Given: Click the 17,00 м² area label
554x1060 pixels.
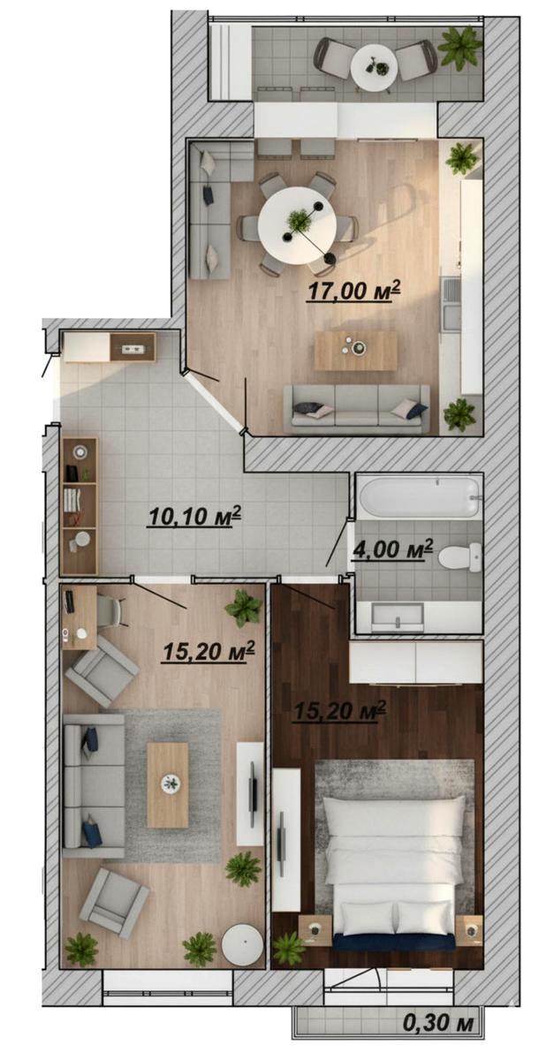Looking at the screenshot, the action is click(x=353, y=290).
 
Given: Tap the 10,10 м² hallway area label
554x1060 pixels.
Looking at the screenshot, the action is click(x=194, y=516).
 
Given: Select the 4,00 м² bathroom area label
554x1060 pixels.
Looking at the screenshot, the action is click(x=392, y=550).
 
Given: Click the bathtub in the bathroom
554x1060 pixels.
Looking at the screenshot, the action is click(x=419, y=497).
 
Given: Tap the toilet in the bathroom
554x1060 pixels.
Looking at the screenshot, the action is click(x=459, y=556).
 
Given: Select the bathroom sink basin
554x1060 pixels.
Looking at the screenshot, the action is click(x=397, y=617).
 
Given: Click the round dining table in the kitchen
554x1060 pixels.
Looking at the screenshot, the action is click(x=297, y=224).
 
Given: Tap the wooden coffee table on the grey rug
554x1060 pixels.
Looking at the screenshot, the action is click(x=167, y=785).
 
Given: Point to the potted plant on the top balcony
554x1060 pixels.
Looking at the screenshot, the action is click(x=459, y=45).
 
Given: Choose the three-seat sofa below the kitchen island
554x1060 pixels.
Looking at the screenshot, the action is click(x=358, y=408).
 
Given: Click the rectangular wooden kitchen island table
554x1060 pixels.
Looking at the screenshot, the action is click(x=355, y=350).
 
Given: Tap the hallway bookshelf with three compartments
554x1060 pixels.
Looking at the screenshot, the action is click(x=79, y=505).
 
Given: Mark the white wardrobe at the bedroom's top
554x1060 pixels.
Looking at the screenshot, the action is click(x=416, y=662).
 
